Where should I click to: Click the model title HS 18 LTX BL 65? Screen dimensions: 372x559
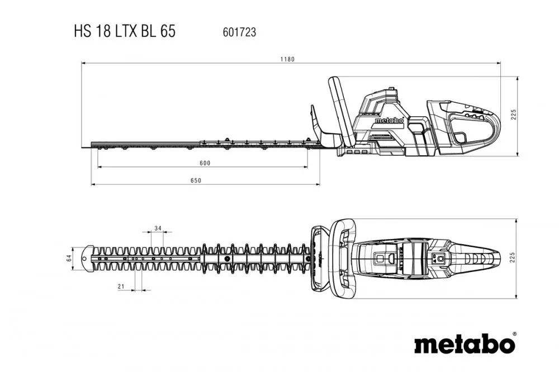pyautogui.click(x=124, y=31)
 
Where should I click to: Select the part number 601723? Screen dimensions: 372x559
pyautogui.click(x=239, y=32)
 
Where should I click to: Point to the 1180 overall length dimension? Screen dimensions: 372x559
pyautogui.click(x=287, y=59)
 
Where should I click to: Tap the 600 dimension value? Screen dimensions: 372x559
pyautogui.click(x=204, y=163)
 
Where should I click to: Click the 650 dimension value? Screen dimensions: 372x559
pyautogui.click(x=196, y=180)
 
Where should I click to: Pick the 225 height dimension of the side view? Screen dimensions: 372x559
pyautogui.click(x=513, y=115)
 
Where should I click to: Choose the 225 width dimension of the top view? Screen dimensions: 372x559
pyautogui.click(x=513, y=257)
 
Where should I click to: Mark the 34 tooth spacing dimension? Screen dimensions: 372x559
pyautogui.click(x=158, y=228)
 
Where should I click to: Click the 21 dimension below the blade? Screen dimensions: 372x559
pyautogui.click(x=120, y=286)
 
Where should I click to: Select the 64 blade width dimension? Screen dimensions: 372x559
pyautogui.click(x=69, y=258)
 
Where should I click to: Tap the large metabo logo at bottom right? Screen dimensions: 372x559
pyautogui.click(x=463, y=343)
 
